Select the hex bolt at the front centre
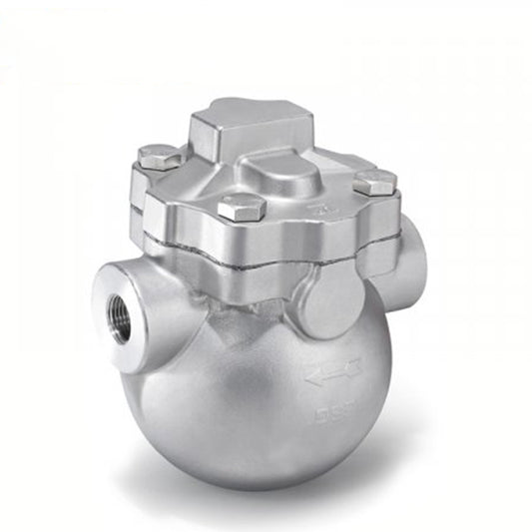click(x=241, y=208)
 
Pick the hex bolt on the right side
click(x=375, y=183)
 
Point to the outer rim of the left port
click(x=100, y=309)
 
